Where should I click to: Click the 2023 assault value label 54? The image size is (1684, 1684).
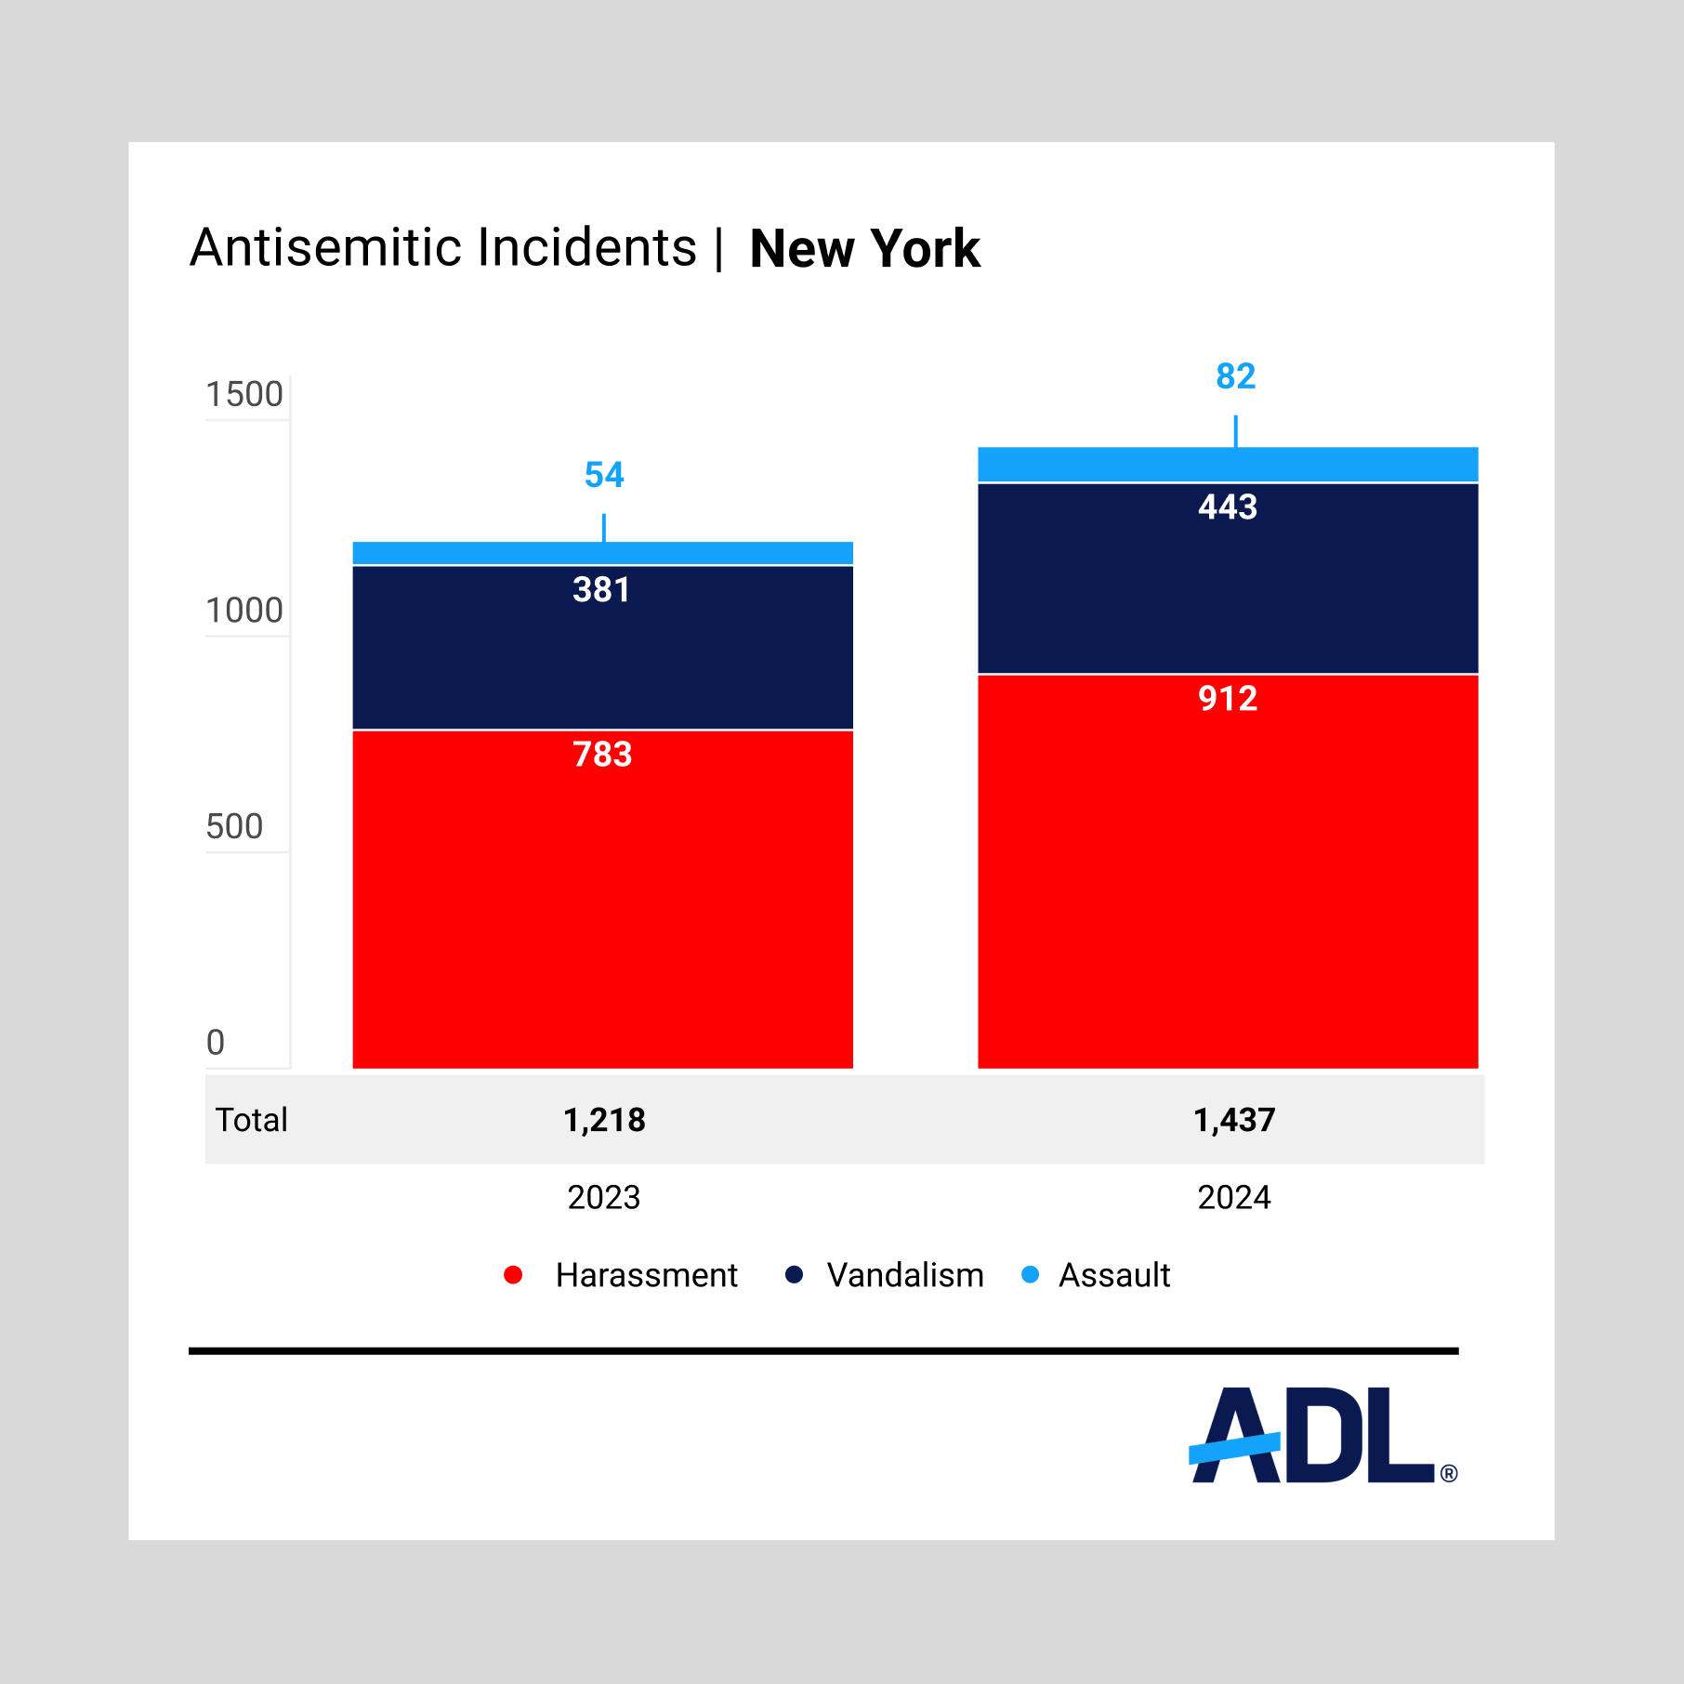click(604, 475)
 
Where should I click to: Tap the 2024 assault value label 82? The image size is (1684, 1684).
click(1235, 376)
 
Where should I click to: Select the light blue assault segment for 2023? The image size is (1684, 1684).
click(603, 553)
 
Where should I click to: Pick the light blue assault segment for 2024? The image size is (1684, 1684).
click(1228, 465)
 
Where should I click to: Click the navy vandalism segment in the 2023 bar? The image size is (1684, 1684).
click(603, 648)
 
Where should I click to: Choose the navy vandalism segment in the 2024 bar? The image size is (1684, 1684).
click(1228, 578)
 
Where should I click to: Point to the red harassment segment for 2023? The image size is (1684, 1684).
click(603, 900)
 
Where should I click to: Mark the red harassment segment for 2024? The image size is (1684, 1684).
click(1228, 872)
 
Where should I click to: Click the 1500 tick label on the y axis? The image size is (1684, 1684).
click(244, 395)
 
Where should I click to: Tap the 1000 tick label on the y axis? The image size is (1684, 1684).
click(244, 611)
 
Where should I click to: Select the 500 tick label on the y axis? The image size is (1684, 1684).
click(234, 826)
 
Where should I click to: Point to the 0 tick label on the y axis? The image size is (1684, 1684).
click(216, 1042)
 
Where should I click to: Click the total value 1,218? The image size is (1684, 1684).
click(604, 1120)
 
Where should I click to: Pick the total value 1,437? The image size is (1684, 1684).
click(1234, 1120)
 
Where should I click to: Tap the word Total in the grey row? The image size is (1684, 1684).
click(251, 1120)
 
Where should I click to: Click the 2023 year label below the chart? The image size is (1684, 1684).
click(604, 1197)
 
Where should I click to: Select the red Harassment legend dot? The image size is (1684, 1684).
click(513, 1275)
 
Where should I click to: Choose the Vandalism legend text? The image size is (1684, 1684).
click(905, 1275)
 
